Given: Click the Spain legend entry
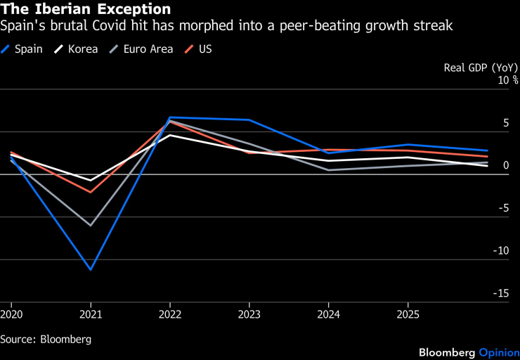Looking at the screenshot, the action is (22, 49).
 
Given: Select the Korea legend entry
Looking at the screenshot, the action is (76, 49).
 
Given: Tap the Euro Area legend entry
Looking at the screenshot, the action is (141, 49).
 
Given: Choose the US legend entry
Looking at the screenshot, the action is (198, 49).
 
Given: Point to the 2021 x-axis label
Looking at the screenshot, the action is (91, 314).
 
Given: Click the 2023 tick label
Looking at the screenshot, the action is (249, 314).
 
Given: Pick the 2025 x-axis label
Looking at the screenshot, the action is (408, 314).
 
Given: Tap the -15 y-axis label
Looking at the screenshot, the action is (501, 293).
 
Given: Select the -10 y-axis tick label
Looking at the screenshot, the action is (501, 250).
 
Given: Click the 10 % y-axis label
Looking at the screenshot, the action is (508, 80).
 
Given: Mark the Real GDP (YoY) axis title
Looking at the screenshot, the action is (481, 67).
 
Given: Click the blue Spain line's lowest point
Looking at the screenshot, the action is (91, 269).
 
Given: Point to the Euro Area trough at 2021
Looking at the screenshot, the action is (91, 225).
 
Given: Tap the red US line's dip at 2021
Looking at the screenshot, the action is (91, 192).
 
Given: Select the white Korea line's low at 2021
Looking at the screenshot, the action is (91, 181).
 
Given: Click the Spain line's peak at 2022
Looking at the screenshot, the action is (170, 117).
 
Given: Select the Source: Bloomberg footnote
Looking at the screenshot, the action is (46, 339).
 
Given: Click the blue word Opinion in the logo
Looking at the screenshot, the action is (499, 353).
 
